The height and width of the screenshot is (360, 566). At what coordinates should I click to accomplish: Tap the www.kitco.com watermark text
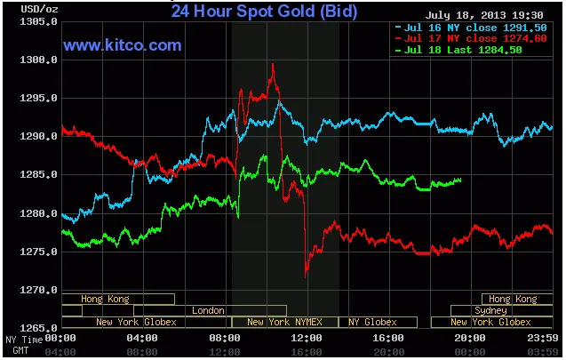pos(123,45)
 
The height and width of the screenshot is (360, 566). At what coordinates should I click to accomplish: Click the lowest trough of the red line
pos(306,276)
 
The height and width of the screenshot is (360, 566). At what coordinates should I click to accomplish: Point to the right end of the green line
pos(461,180)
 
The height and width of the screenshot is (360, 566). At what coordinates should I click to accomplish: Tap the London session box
pos(208,310)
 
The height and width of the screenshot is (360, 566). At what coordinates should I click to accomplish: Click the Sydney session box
pos(490,310)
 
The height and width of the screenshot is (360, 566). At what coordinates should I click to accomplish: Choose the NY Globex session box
pos(372,322)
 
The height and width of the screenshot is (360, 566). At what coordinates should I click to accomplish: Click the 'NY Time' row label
pos(23,340)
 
